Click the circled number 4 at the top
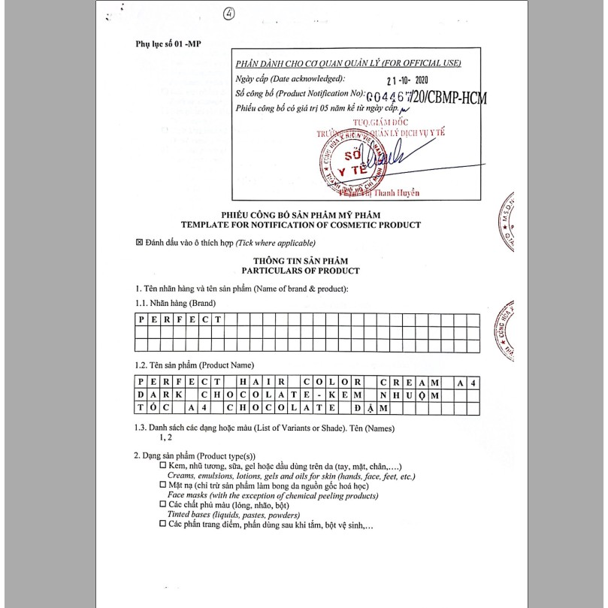point(228,14)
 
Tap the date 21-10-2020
point(407,82)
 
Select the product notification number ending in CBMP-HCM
point(425,97)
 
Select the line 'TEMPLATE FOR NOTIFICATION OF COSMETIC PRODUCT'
point(301,225)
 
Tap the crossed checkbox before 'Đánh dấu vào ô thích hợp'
point(139,243)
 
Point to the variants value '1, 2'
point(165,437)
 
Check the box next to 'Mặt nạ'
point(162,486)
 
